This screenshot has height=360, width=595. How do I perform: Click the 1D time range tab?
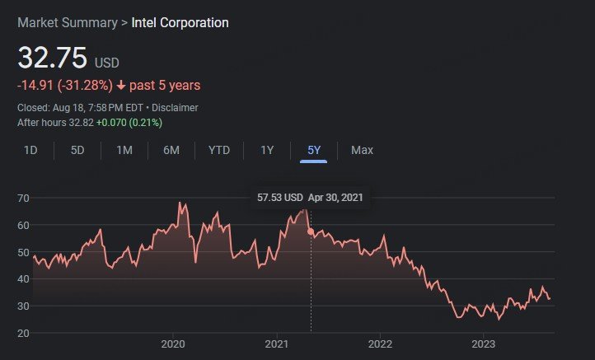pyautogui.click(x=30, y=150)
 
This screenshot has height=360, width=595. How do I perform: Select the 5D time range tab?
pyautogui.click(x=77, y=150)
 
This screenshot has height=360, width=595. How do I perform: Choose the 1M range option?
pyautogui.click(x=124, y=150)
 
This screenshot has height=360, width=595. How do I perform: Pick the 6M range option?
pyautogui.click(x=171, y=150)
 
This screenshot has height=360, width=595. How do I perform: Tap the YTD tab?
pyautogui.click(x=219, y=150)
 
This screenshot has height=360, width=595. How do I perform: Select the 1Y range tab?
pyautogui.click(x=267, y=150)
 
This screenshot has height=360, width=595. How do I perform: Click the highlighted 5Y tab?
pyautogui.click(x=314, y=150)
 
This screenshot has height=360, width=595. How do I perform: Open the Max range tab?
pyautogui.click(x=362, y=150)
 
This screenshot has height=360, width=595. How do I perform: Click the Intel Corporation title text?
pyautogui.click(x=180, y=22)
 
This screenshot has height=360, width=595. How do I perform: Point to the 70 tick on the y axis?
pyautogui.click(x=23, y=199)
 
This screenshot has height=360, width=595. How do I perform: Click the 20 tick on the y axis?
pyautogui.click(x=23, y=333)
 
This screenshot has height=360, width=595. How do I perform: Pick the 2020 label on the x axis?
pyautogui.click(x=173, y=344)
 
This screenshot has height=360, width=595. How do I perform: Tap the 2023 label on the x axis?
pyautogui.click(x=484, y=344)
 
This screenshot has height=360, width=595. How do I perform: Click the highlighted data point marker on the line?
pyautogui.click(x=311, y=231)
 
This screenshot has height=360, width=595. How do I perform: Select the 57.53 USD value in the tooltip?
pyautogui.click(x=279, y=198)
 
